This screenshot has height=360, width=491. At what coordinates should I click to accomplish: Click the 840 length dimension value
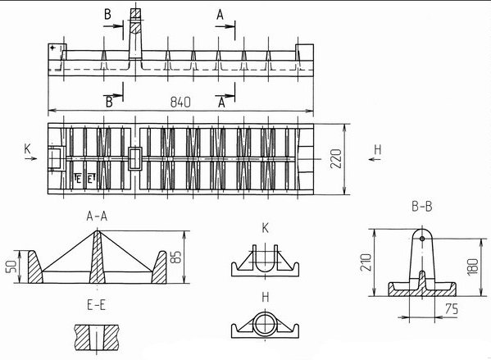coord(180,103)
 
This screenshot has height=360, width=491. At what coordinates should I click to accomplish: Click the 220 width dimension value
coord(336,159)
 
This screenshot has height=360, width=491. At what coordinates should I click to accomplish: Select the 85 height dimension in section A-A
coord(177,257)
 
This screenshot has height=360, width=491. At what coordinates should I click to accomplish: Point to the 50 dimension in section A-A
coord(11,267)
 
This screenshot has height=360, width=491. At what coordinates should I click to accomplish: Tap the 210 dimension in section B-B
coord(366,262)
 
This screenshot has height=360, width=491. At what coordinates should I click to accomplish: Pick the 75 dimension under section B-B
coord(451,309)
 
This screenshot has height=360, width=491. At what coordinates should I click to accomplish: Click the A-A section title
coord(97,216)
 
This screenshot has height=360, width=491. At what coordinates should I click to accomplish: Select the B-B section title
coord(422,207)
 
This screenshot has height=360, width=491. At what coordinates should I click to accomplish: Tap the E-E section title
coord(96,305)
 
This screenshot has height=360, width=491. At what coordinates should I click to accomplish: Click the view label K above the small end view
coord(265,229)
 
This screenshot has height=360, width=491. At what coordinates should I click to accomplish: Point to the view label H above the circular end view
coord(265,297)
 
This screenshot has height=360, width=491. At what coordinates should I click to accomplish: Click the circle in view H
coord(265,323)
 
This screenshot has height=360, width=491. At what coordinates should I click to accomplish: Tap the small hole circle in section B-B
coord(422,239)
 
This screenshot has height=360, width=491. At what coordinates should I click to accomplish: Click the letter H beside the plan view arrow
coord(378,150)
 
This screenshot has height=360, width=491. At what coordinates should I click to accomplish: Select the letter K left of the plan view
coord(28,148)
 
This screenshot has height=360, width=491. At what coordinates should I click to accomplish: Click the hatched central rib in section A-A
coord(97,257)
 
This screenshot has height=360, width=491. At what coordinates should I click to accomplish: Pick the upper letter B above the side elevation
coord(107,15)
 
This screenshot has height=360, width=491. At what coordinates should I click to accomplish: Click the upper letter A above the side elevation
coord(220,15)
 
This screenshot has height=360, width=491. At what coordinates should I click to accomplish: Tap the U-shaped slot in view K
coord(265,265)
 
